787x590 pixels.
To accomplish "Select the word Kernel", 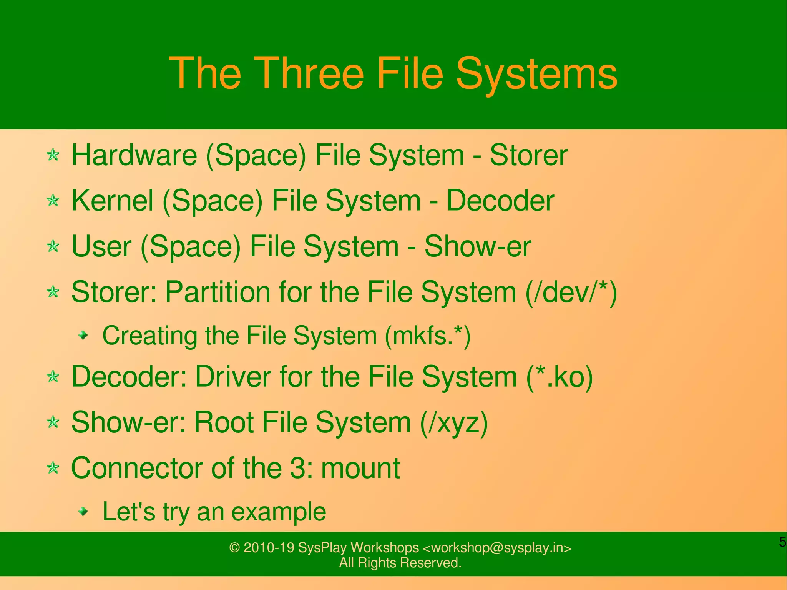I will [x=112, y=201].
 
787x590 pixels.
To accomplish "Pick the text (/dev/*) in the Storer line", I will [x=571, y=292].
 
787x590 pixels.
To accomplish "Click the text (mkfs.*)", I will [x=428, y=336].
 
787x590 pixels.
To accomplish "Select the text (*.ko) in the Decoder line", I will [x=560, y=377].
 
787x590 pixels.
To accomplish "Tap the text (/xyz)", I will [x=454, y=422].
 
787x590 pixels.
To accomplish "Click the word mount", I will [x=360, y=468].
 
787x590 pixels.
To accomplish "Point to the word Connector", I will [x=137, y=468].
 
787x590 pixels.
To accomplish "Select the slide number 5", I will [x=782, y=542].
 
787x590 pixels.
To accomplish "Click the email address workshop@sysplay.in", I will [x=497, y=547].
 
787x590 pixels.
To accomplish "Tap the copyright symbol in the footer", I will [x=234, y=548].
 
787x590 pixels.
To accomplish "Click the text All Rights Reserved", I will [x=400, y=563].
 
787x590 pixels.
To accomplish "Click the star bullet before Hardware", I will [x=53, y=155].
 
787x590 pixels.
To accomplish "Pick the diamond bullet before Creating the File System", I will [x=83, y=336].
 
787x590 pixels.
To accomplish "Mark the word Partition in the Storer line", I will [x=218, y=292].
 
